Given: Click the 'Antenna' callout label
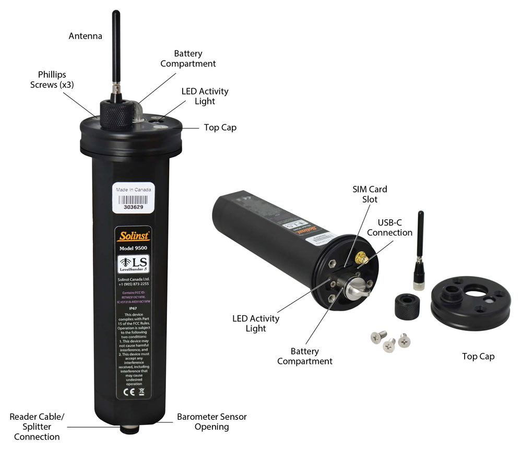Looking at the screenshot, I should point(86,36).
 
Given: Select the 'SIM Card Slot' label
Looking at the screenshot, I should point(371,194).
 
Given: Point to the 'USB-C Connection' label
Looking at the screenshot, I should point(389,227).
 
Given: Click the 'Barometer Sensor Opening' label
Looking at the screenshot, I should point(211,422).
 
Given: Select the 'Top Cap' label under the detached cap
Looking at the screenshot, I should point(478,357).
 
